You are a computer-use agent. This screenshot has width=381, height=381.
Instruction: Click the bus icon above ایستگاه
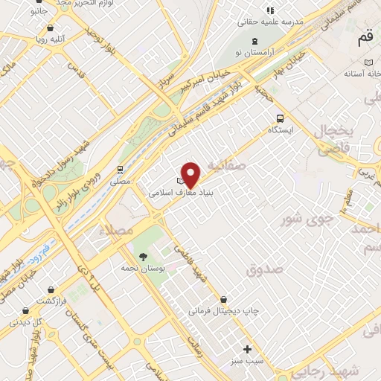click(280, 118)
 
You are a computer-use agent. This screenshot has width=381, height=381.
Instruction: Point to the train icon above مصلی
click(121, 170)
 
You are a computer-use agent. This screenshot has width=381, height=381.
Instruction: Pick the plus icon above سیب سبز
click(248, 348)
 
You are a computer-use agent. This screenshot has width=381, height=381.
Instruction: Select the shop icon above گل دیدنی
click(25, 311)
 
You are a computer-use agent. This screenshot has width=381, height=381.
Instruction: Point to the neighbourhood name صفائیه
click(226, 166)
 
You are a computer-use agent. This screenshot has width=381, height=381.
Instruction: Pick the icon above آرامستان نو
click(256, 40)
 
